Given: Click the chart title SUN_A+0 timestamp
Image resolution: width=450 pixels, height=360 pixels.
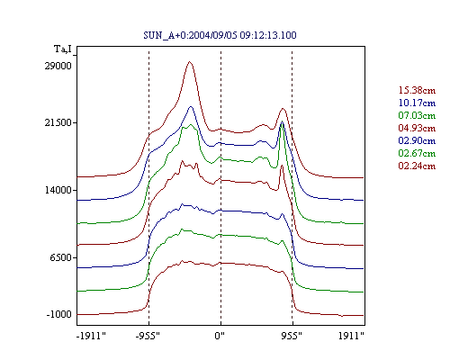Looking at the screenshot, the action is pyautogui.click(x=220, y=35).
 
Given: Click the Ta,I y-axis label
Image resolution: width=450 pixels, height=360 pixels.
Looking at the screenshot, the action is pyautogui.click(x=63, y=49).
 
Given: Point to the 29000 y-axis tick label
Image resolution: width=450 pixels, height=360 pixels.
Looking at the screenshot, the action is pyautogui.click(x=58, y=66).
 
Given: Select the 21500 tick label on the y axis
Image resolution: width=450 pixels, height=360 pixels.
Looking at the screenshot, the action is pyautogui.click(x=58, y=122).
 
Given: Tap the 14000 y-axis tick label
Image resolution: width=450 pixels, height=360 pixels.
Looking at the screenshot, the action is pyautogui.click(x=58, y=190).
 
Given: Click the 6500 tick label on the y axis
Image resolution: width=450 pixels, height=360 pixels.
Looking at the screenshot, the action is pyautogui.click(x=60, y=257).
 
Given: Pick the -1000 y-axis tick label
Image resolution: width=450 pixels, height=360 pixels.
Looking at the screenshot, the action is pyautogui.click(x=59, y=314).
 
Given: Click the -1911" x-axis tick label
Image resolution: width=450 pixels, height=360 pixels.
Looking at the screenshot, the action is pyautogui.click(x=92, y=336).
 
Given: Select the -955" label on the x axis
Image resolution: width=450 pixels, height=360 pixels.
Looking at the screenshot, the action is pyautogui.click(x=148, y=336).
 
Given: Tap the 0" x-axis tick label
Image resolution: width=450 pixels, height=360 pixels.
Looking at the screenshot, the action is pyautogui.click(x=220, y=336).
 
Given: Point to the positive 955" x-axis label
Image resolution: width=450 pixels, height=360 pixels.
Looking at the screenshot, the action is pyautogui.click(x=292, y=336).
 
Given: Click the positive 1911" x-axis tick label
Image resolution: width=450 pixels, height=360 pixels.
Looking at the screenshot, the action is pyautogui.click(x=351, y=336).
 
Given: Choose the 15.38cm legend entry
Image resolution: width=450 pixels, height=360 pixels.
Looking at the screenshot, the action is pyautogui.click(x=417, y=90).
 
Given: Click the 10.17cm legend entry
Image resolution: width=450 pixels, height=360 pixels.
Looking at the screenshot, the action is pyautogui.click(x=417, y=103).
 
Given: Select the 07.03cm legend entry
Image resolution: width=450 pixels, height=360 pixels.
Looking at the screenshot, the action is pyautogui.click(x=417, y=115).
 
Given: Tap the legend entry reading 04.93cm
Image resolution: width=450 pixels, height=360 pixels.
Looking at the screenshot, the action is pyautogui.click(x=417, y=128).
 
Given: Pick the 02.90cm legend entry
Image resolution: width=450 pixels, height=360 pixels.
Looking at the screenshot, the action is pyautogui.click(x=417, y=140).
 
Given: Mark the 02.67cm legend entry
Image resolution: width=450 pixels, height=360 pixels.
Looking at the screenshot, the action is pyautogui.click(x=417, y=153).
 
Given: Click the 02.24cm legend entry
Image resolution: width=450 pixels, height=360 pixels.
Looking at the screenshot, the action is pyautogui.click(x=417, y=166).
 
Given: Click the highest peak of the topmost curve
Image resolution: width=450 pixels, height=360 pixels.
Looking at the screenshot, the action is pyautogui.click(x=189, y=62).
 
